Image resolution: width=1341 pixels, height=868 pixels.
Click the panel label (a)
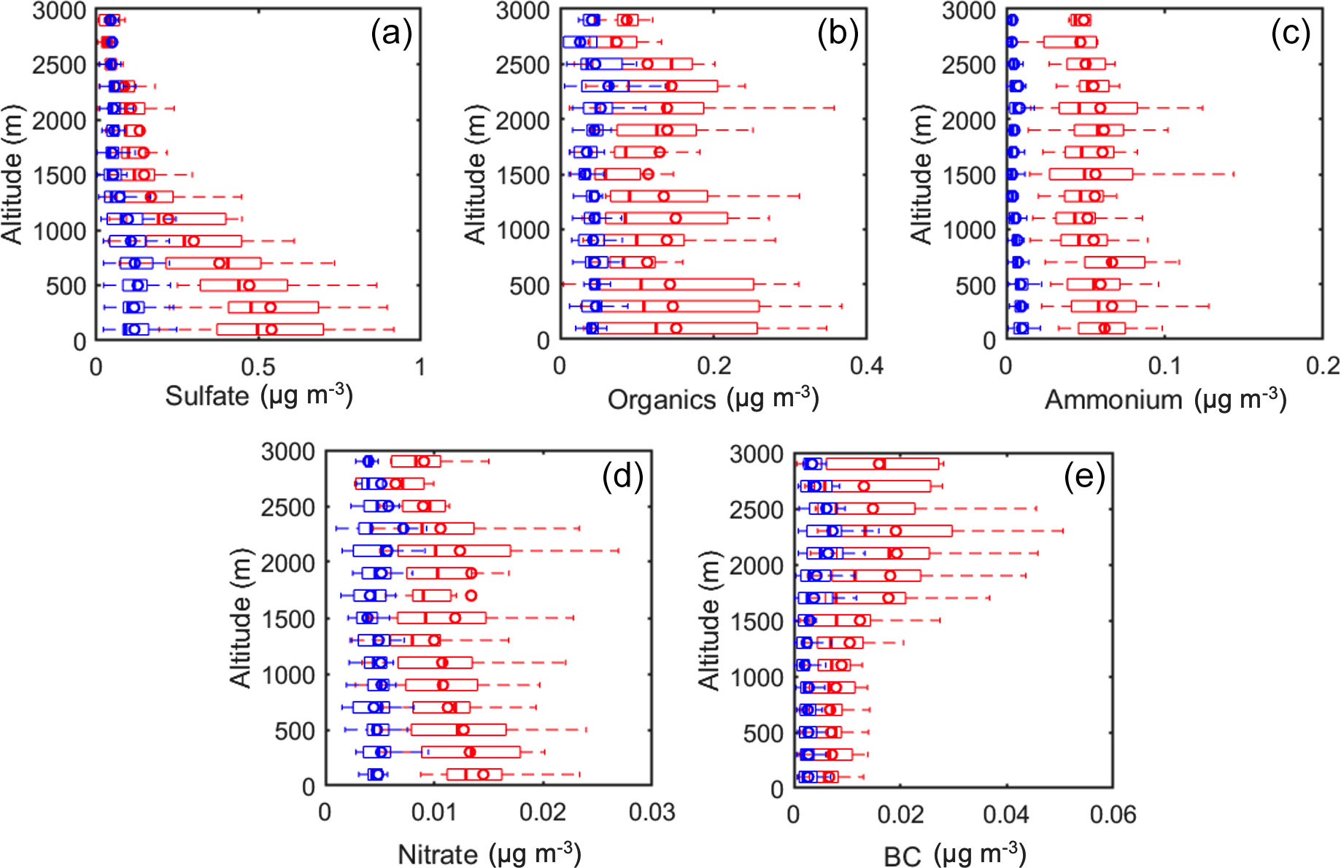pyautogui.click(x=391, y=34)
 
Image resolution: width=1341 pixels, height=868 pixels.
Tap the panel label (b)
pyautogui.click(x=838, y=34)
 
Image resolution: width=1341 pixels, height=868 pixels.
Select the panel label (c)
pyautogui.click(x=1290, y=34)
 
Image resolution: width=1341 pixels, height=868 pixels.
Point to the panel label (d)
pyautogui.click(x=622, y=476)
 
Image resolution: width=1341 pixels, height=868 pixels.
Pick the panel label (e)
pyautogui.click(x=1084, y=476)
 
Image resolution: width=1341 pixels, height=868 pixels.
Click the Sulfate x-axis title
pyautogui.click(x=259, y=396)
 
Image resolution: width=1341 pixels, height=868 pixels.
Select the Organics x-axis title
pyautogui.click(x=713, y=399)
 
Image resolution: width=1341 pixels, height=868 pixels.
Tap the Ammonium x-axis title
pyautogui.click(x=1165, y=399)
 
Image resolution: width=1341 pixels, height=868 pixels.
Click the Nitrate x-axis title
pyautogui.click(x=489, y=853)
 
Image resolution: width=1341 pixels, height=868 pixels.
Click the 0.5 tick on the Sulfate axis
pyautogui.click(x=258, y=366)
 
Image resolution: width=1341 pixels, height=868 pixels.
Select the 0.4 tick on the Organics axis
pyautogui.click(x=867, y=366)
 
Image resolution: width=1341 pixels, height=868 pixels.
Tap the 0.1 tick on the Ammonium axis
pyautogui.click(x=1164, y=366)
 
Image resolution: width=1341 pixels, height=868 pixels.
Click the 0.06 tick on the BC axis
pyautogui.click(x=1113, y=814)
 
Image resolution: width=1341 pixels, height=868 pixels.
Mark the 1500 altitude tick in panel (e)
pyautogui.click(x=757, y=621)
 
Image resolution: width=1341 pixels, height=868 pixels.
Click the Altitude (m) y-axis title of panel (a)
pyautogui.click(x=12, y=175)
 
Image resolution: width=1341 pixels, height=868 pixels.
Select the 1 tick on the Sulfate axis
pyautogui.click(x=420, y=366)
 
